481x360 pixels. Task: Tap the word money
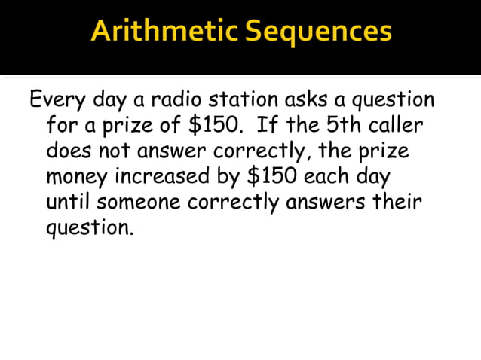(x=77, y=178)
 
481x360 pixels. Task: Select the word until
(x=68, y=203)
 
